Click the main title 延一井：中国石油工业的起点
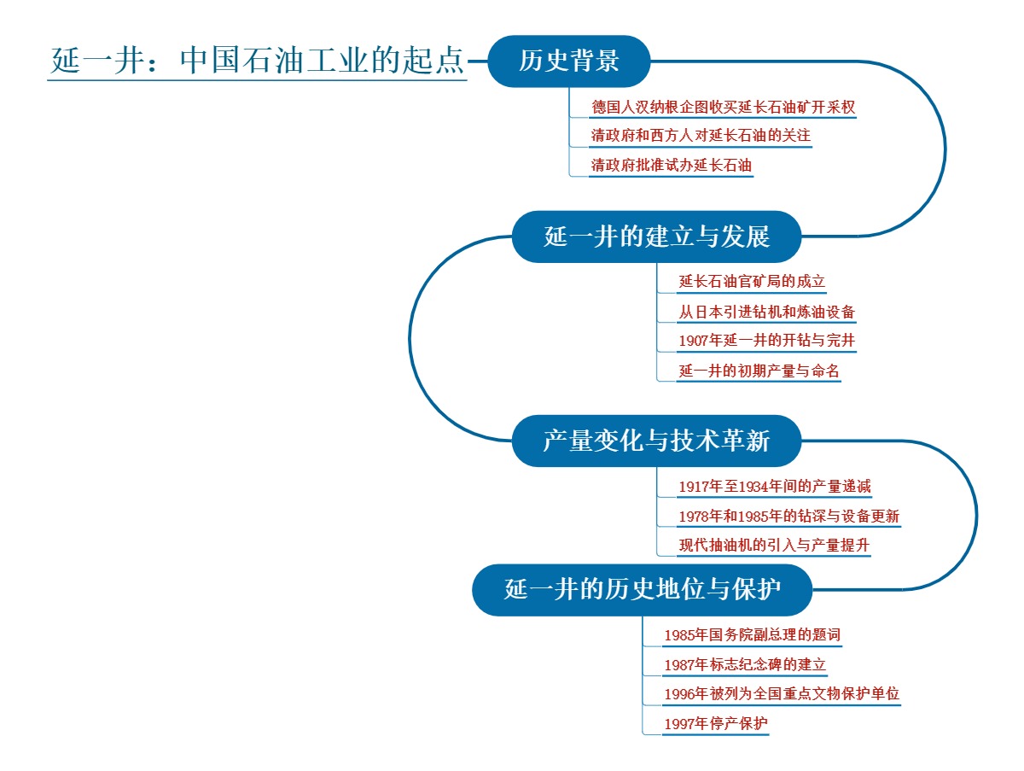[x=257, y=61]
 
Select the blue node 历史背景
[x=569, y=61]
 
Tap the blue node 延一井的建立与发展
[x=656, y=237]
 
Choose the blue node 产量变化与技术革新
[x=656, y=441]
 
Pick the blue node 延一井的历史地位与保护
[x=643, y=590]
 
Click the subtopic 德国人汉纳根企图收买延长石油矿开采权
[x=724, y=108]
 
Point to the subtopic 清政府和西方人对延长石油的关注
[x=700, y=137]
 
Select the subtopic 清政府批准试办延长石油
[x=672, y=166]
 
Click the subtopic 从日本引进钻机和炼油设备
[x=766, y=312]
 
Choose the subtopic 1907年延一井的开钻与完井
[x=766, y=342]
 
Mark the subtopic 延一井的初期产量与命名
[x=759, y=371]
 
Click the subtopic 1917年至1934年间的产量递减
[x=774, y=488]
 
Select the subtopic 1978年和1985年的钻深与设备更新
[x=788, y=517]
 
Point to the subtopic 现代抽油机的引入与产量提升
[x=774, y=546]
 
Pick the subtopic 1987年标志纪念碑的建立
[x=745, y=665]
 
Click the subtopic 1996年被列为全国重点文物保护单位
[x=782, y=694]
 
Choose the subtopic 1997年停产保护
[x=716, y=724]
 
